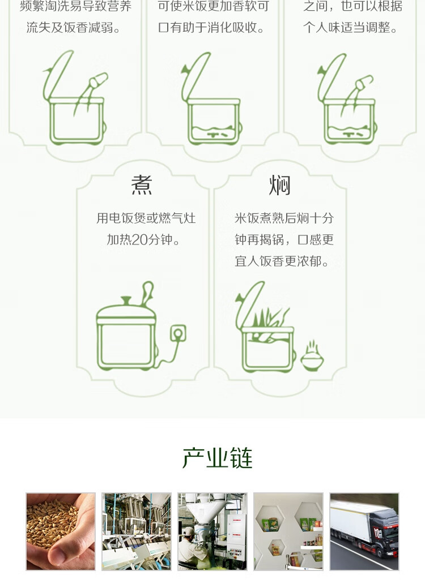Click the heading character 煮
coord(142,185)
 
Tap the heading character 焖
coord(280,185)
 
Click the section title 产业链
coord(218,457)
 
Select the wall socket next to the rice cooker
coord(178,333)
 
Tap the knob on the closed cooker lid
coord(126,301)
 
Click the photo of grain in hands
coord(61,531)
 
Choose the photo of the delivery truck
coord(364,531)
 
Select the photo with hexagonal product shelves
coord(288,531)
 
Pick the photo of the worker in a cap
coord(212,531)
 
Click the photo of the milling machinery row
coord(137,531)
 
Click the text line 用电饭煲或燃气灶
coord(146,218)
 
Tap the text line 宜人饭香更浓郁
coord(282,261)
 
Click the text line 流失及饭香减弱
coord(73,27)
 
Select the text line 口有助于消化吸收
coord(211,27)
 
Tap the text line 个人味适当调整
coord(350,27)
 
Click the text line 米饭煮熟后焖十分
coord(284,218)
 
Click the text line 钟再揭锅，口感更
coord(284,239)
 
